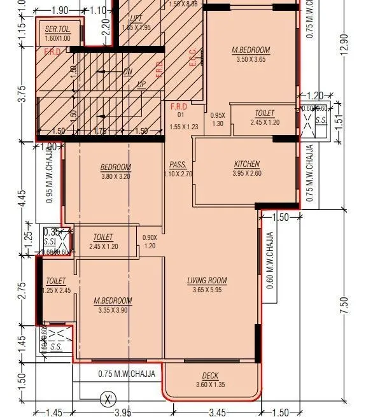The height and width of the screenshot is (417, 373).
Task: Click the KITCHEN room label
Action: tap(246, 164)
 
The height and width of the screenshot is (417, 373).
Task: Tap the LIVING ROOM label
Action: tap(207, 280)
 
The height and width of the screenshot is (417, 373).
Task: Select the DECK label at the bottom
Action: tap(210, 376)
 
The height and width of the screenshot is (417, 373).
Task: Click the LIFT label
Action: tap(136, 19)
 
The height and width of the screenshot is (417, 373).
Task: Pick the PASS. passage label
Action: tap(178, 164)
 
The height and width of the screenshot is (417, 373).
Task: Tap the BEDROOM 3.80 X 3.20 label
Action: tap(115, 167)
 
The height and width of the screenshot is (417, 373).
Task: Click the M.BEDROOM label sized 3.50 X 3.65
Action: tap(251, 50)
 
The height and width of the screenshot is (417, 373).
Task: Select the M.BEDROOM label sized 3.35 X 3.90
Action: tap(113, 300)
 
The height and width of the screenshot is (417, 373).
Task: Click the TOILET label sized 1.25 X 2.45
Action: tap(56, 281)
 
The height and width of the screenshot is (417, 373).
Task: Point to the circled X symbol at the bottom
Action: tap(109, 400)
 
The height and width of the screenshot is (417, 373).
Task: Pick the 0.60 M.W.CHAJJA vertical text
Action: tap(270, 260)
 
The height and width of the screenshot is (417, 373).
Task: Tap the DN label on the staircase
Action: tap(128, 72)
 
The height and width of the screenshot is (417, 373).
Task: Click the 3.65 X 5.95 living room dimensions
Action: tap(207, 290)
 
